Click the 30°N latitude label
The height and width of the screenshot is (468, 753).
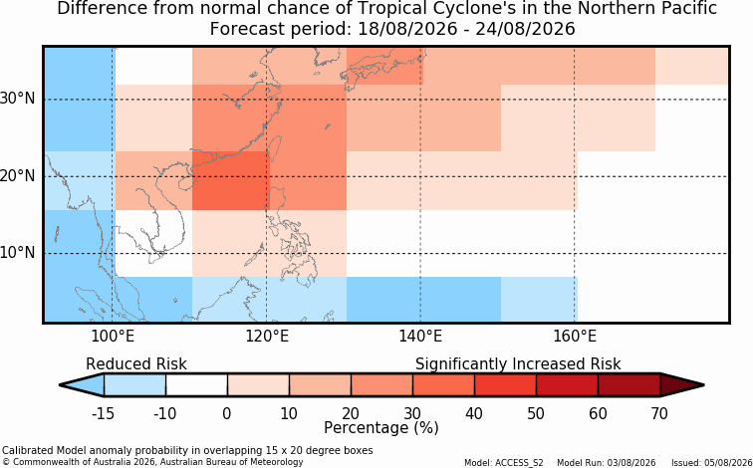18,99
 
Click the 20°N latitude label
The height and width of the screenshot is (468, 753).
18,176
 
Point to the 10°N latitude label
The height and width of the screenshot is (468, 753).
18,253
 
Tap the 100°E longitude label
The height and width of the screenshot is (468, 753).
113,337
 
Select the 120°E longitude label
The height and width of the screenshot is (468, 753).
267,337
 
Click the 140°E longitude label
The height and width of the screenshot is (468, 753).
420,337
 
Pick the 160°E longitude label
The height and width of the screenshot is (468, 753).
575,337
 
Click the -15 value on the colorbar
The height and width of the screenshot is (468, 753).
103,413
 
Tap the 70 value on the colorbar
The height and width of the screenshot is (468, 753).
659,413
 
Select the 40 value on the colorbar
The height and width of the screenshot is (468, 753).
474,413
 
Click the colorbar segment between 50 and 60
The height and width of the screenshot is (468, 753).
567,385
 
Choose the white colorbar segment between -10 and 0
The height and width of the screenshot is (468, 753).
196,385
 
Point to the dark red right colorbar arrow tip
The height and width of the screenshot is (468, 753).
703,385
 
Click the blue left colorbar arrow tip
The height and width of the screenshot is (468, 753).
60,385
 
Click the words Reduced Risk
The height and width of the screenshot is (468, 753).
136,364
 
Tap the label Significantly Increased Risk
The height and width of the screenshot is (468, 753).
518,364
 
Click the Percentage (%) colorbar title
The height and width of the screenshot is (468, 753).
381,428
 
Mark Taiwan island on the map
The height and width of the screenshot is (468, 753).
275,148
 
